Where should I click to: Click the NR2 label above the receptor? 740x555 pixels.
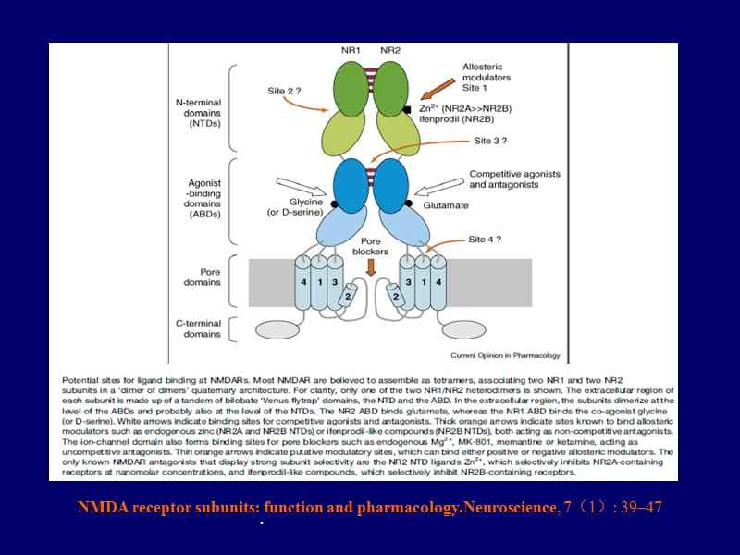(390, 50)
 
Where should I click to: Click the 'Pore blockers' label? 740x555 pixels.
(372, 245)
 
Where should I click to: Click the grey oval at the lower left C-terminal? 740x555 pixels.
(277, 328)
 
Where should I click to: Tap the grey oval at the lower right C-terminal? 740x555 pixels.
(467, 328)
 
